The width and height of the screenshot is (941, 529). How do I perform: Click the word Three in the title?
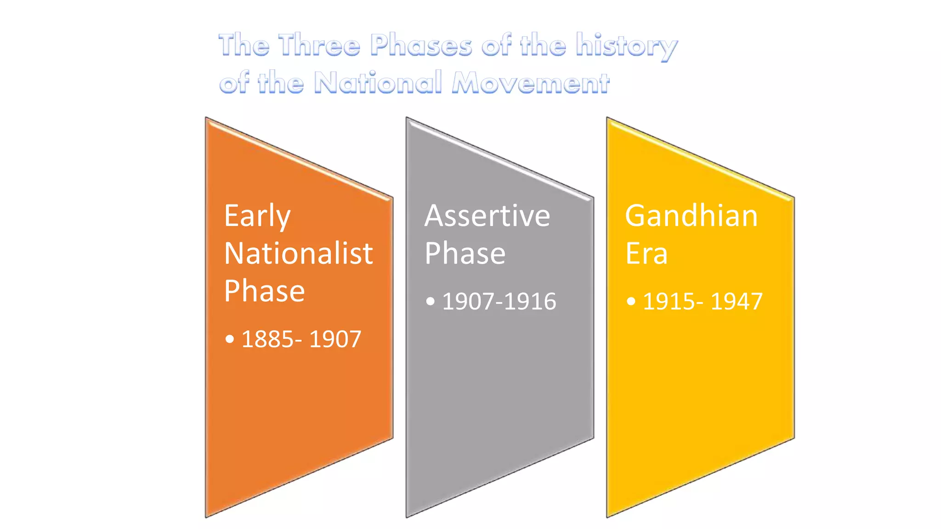coord(319,45)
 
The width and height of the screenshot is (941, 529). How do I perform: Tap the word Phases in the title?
coord(421,45)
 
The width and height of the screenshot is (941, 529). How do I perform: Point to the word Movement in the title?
coord(531,83)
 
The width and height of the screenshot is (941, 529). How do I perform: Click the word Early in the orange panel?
coord(257,216)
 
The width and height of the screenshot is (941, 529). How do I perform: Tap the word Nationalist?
coord(299,253)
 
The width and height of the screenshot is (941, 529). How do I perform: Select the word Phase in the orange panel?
coord(264,291)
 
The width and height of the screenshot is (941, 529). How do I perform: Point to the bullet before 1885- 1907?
coord(230,340)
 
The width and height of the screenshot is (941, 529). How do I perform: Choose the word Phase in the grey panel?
coord(465,253)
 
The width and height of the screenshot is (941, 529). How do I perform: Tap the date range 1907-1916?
coord(499,302)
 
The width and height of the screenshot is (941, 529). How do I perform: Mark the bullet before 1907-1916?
coord(430,302)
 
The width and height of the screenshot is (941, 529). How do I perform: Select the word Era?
coord(646,253)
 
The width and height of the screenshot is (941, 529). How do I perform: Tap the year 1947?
coord(737,302)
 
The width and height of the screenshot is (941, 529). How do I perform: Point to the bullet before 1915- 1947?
coord(631,302)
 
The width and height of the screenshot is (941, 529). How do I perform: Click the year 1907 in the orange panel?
coord(335,340)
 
